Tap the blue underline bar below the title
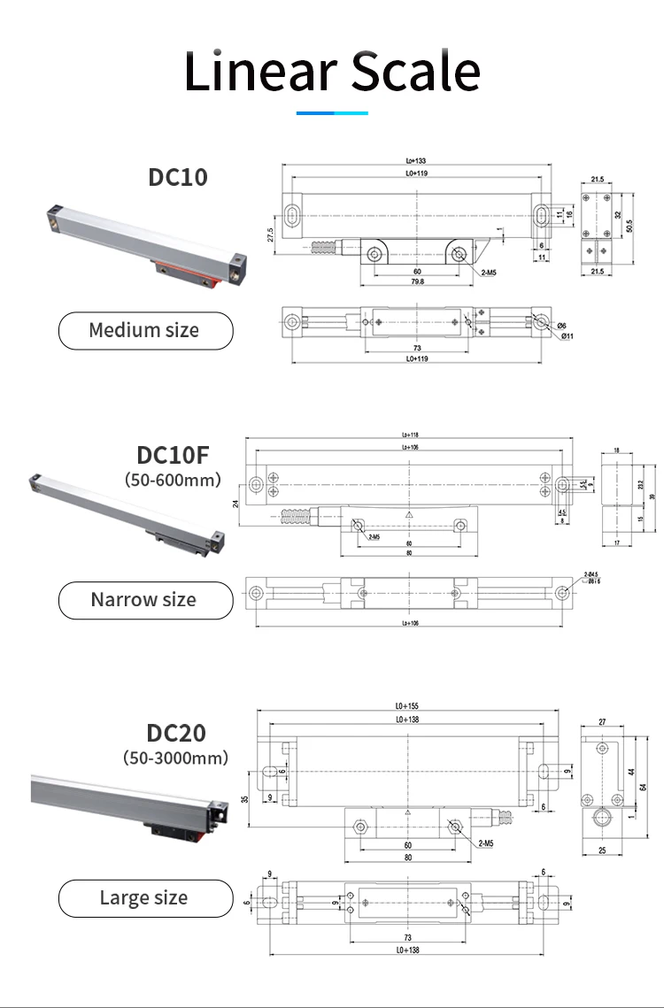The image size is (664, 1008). pyautogui.click(x=331, y=112)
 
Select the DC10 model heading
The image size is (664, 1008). pyautogui.click(x=177, y=177)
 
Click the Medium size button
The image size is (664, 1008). pyautogui.click(x=145, y=331)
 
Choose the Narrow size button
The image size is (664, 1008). pyautogui.click(x=145, y=600)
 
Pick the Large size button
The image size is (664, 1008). pyautogui.click(x=145, y=898)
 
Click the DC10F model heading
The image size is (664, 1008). pyautogui.click(x=173, y=455)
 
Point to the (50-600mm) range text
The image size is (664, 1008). pyautogui.click(x=173, y=480)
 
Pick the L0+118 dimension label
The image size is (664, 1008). pyautogui.click(x=410, y=435)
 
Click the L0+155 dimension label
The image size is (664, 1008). pyautogui.click(x=408, y=706)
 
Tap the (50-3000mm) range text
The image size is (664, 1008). pyautogui.click(x=175, y=758)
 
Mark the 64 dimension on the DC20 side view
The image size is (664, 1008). pyautogui.click(x=644, y=784)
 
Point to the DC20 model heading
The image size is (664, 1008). pyautogui.click(x=176, y=733)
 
